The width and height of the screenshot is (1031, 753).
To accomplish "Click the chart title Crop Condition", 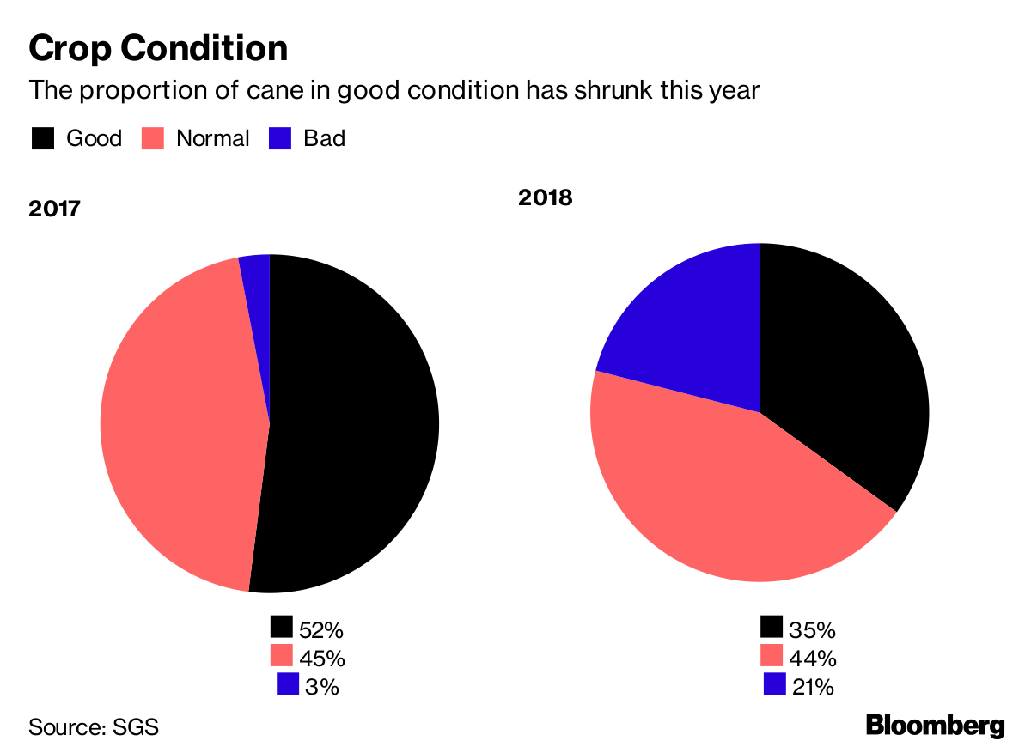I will click(x=158, y=48).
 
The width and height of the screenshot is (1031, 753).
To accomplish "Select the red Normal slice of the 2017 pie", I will click(x=180, y=421).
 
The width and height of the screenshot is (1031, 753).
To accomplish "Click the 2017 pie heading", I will click(x=54, y=209).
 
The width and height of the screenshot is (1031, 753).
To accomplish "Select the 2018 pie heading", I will click(x=545, y=197).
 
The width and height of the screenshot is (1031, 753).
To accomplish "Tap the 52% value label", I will click(x=321, y=629).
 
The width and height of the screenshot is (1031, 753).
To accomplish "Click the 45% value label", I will click(x=322, y=658).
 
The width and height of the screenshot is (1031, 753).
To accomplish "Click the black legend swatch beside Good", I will click(x=43, y=138).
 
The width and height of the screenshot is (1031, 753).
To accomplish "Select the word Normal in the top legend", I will click(x=212, y=138).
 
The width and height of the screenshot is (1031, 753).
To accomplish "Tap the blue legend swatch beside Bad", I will click(x=280, y=138).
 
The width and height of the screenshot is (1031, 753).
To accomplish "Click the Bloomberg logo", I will click(x=935, y=726).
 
